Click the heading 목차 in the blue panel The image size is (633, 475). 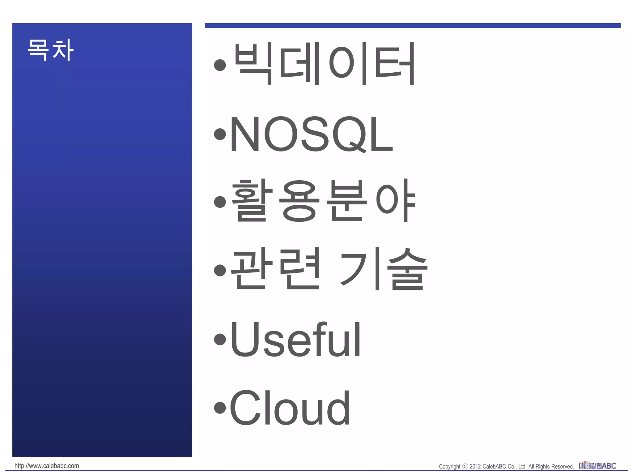point(50,50)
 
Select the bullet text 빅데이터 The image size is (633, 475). point(324,64)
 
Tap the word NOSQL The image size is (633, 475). point(311,134)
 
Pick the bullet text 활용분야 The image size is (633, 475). point(323,201)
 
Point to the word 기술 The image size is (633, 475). point(384,269)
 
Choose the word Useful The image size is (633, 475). point(295,339)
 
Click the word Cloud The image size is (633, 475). point(290,408)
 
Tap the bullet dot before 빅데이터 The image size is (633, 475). point(220,65)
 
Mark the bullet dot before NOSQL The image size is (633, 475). point(220,134)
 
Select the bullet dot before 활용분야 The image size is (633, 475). point(220,202)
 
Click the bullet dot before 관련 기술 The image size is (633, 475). point(220,270)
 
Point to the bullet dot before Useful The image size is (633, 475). point(220,339)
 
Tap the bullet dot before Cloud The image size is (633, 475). point(220,407)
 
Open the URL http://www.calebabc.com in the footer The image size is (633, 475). point(47,466)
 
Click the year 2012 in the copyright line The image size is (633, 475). point(475,467)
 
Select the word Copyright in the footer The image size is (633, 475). point(450,467)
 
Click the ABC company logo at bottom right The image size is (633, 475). point(597,466)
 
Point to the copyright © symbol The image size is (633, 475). point(465,466)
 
